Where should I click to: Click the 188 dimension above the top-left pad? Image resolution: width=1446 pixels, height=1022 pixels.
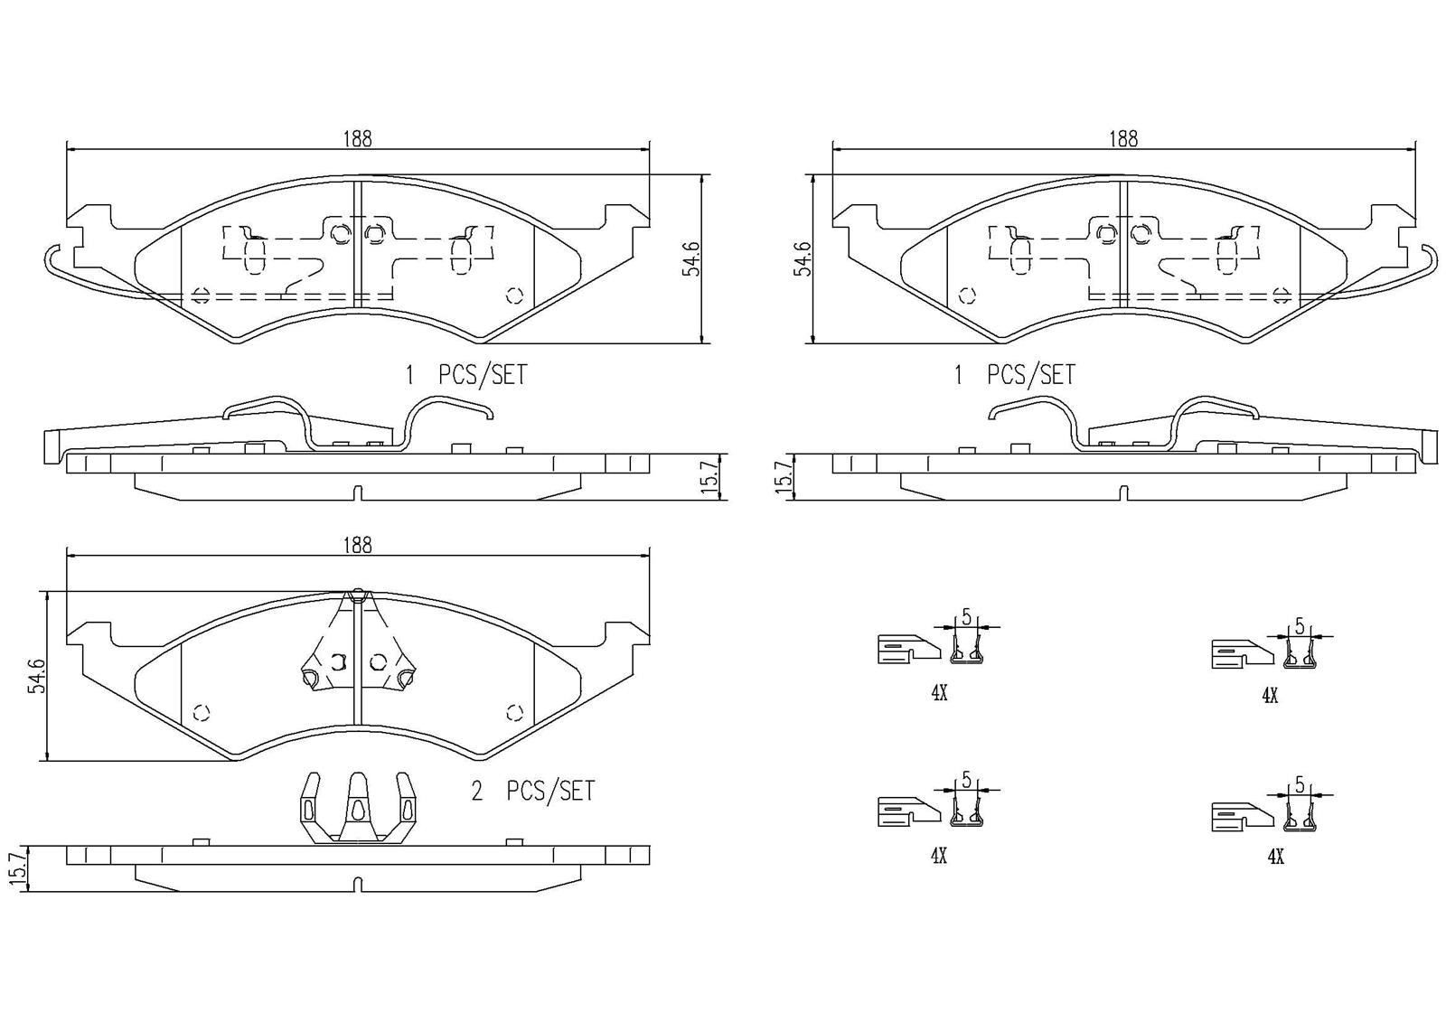[357, 139]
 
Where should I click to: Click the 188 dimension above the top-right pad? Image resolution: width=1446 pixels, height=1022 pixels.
[1122, 139]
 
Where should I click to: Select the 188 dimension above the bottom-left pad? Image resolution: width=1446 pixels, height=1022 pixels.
[357, 545]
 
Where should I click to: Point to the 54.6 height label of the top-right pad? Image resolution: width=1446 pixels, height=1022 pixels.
[802, 258]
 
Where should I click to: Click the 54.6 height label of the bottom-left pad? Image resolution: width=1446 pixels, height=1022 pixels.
[35, 676]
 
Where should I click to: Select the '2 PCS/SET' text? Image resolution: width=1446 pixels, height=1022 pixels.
[533, 792]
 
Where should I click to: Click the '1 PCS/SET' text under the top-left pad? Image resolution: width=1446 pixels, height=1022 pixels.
[465, 375]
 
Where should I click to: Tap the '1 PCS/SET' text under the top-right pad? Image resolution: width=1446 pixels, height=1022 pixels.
[1014, 375]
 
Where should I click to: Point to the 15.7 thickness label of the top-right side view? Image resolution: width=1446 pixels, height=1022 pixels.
[785, 475]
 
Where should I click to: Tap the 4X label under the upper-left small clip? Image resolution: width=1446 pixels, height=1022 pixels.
[938, 693]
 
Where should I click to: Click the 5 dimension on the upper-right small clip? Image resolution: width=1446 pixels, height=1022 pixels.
[1299, 625]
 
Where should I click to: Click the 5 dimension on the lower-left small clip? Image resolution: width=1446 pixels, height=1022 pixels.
[965, 779]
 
